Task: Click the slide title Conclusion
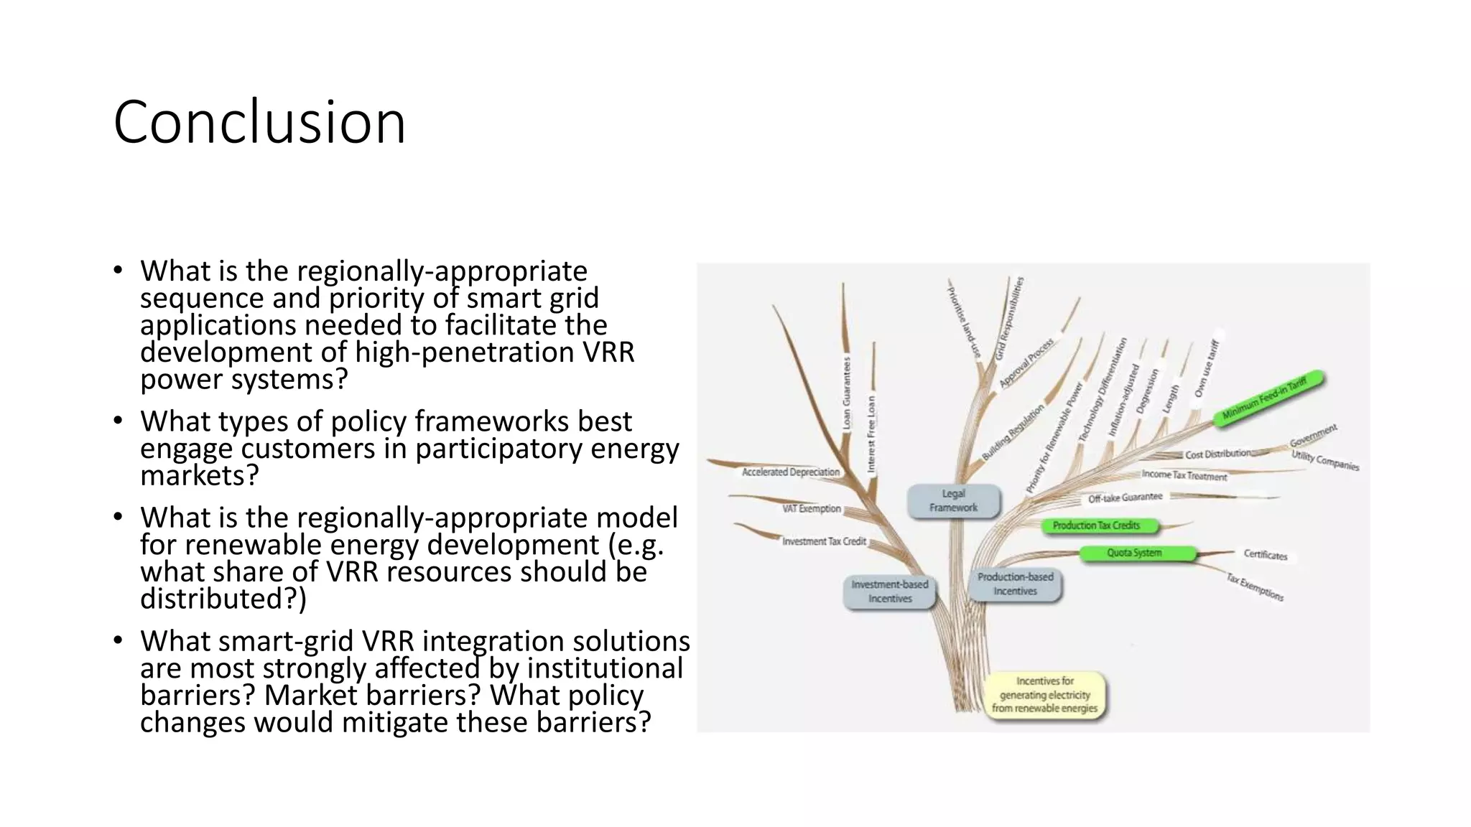pyautogui.click(x=259, y=122)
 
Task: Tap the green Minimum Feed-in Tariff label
pyautogui.click(x=1268, y=398)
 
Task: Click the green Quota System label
pyautogui.click(x=1134, y=553)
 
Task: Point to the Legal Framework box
pyautogui.click(x=953, y=500)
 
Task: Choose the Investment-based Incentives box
pyautogui.click(x=889, y=592)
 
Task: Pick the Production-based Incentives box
pyautogui.click(x=1015, y=584)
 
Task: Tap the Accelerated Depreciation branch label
pyautogui.click(x=790, y=472)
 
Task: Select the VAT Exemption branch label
pyautogui.click(x=811, y=508)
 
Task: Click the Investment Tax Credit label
pyautogui.click(x=824, y=541)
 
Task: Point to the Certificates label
pyautogui.click(x=1266, y=555)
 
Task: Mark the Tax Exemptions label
pyautogui.click(x=1255, y=587)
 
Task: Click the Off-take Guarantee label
pyautogui.click(x=1125, y=497)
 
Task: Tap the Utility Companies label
pyautogui.click(x=1325, y=460)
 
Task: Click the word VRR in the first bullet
pyautogui.click(x=610, y=352)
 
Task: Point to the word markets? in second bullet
pyautogui.click(x=199, y=476)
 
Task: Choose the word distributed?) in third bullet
pyautogui.click(x=223, y=599)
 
